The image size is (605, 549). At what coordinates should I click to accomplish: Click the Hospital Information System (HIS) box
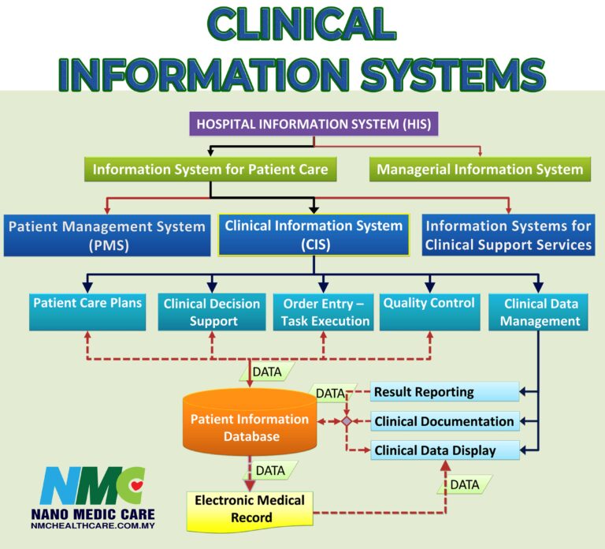(x=314, y=125)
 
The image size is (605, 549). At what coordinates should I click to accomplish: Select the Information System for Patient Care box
(x=210, y=169)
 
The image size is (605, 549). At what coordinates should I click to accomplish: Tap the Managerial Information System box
(x=480, y=169)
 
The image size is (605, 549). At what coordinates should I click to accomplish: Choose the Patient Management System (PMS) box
(x=106, y=235)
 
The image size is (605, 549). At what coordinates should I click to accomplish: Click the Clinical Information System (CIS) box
(x=314, y=235)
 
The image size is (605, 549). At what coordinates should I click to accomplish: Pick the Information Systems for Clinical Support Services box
(x=508, y=235)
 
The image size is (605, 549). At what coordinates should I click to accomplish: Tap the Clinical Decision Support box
(x=212, y=312)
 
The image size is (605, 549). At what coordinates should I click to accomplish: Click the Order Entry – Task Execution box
(x=323, y=312)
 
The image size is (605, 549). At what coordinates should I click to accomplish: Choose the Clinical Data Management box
(x=540, y=312)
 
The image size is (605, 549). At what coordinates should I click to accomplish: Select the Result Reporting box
(x=444, y=392)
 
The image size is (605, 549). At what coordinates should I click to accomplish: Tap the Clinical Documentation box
(x=444, y=421)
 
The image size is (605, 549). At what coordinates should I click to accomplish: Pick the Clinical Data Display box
(x=444, y=450)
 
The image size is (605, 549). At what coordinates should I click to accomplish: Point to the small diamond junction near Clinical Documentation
(x=346, y=422)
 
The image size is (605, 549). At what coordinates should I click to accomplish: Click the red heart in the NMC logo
(x=137, y=484)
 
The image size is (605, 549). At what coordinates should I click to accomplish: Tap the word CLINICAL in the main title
(x=302, y=25)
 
